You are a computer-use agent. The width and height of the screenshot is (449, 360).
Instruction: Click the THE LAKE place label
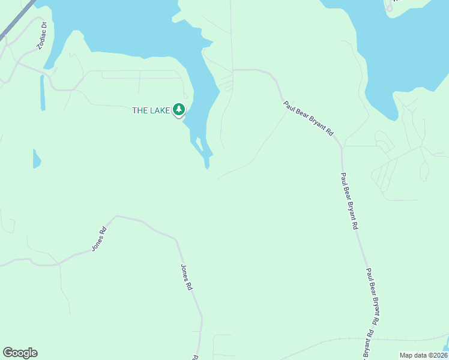point(151,110)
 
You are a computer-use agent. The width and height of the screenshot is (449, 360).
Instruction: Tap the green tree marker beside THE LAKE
point(178,109)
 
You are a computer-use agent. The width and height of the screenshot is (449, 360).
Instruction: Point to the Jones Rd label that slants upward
point(99,239)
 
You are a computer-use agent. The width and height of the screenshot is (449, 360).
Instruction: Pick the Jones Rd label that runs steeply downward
point(187,277)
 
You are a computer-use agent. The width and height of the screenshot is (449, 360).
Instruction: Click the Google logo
point(20,353)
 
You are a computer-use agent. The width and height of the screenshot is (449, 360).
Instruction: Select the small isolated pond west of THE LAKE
point(36,159)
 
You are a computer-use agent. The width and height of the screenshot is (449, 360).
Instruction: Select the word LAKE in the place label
point(160,110)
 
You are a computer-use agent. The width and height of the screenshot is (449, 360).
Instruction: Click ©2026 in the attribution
point(436,355)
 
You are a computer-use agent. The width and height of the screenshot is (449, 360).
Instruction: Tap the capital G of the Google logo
point(8,353)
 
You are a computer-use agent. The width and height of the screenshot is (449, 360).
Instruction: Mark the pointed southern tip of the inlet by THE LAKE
point(207,168)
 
